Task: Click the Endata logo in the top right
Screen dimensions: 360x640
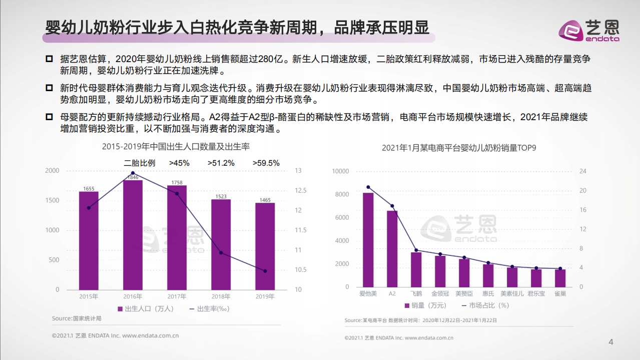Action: [589, 30]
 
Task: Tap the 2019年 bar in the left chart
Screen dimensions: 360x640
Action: [265, 246]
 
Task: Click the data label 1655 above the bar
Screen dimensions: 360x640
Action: [89, 189]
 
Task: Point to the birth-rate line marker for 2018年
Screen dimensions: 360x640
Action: [221, 252]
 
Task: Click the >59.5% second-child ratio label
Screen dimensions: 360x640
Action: [266, 163]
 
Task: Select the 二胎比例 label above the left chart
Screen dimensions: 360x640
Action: [140, 163]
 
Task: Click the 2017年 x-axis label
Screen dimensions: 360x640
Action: [177, 296]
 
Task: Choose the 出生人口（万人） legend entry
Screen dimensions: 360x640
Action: [146, 309]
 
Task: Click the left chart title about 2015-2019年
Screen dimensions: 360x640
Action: [176, 147]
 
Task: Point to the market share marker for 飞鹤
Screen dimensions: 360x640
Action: [416, 250]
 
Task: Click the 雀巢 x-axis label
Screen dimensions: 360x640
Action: [560, 293]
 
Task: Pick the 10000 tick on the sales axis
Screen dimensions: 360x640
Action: [340, 171]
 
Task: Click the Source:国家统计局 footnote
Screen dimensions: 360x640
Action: [77, 318]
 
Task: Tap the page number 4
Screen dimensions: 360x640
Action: [610, 342]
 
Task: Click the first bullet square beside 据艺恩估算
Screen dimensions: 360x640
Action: [49, 59]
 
